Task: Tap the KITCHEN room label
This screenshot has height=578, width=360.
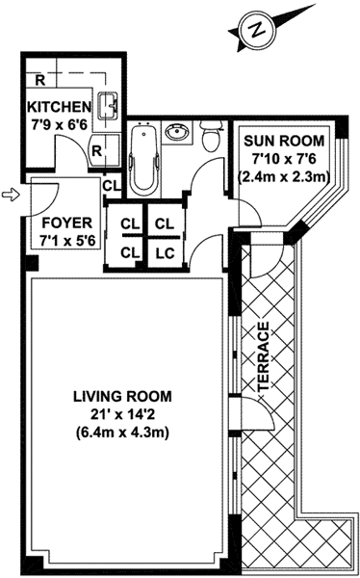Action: click(60, 107)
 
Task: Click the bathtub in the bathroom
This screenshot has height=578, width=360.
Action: click(144, 160)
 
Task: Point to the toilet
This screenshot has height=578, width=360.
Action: click(212, 136)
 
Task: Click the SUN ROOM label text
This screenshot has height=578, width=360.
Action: click(285, 141)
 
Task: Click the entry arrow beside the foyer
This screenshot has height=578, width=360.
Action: click(11, 195)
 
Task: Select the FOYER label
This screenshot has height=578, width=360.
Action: click(67, 223)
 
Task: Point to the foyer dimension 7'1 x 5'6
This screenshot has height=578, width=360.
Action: click(67, 241)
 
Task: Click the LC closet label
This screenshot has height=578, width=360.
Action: click(165, 253)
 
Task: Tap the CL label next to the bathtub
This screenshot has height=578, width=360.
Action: click(112, 186)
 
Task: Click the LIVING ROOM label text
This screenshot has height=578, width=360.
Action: click(122, 397)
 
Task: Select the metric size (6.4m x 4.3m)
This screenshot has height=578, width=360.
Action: click(122, 433)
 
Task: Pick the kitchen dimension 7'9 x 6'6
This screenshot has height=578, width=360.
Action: click(59, 125)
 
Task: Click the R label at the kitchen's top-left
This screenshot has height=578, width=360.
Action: click(40, 80)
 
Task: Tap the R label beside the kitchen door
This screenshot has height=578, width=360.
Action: click(96, 150)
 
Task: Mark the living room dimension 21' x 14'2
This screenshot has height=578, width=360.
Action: click(122, 414)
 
